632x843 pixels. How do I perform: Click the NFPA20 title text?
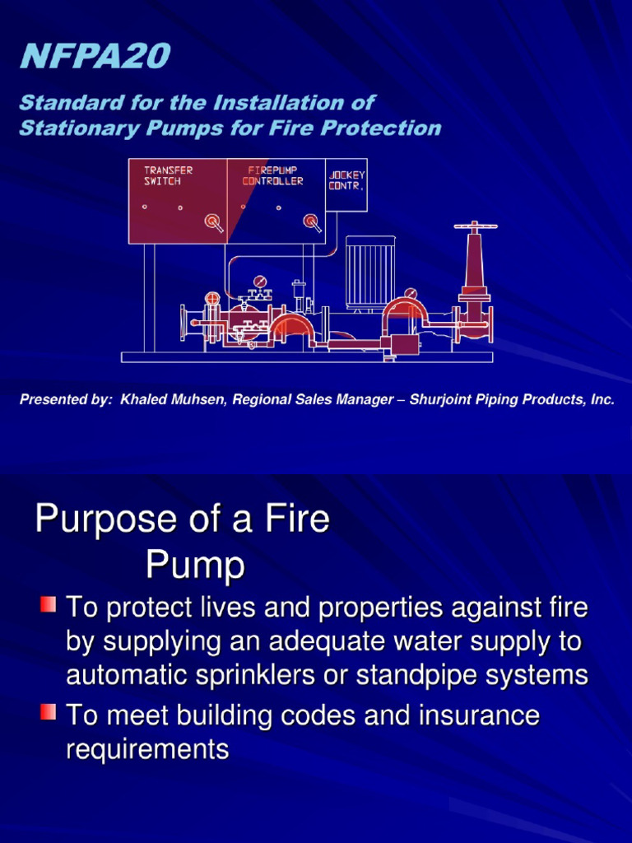click(95, 57)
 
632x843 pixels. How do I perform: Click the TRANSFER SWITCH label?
click(169, 175)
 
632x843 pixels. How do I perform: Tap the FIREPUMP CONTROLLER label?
click(272, 175)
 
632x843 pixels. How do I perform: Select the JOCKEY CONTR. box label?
click(346, 180)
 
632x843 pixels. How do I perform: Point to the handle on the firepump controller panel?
click(311, 221)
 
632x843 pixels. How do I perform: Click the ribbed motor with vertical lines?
click(369, 272)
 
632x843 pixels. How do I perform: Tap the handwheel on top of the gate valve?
click(475, 226)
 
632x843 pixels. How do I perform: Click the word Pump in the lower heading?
click(195, 566)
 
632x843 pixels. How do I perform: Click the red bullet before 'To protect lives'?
click(48, 608)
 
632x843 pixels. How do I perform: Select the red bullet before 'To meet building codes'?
click(48, 710)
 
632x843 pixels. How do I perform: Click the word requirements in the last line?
click(147, 749)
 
